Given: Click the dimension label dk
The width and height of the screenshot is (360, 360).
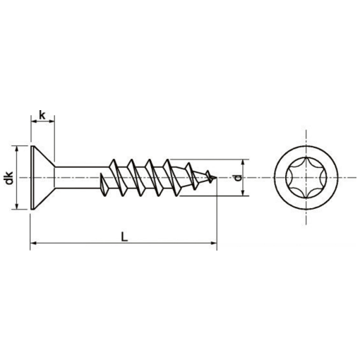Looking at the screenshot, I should (x=9, y=178).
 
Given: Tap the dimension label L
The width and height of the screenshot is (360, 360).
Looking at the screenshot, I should (x=124, y=237).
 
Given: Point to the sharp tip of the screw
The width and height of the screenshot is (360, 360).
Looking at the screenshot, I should (x=216, y=177).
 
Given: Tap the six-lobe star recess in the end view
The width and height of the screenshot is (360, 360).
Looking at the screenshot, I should (x=307, y=177).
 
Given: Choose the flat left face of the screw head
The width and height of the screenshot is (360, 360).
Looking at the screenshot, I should (x=31, y=177).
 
